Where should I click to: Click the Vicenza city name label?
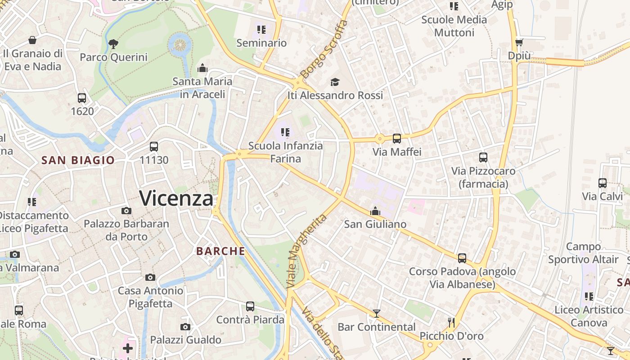pyautogui.click(x=176, y=198)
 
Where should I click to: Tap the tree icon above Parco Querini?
pyautogui.click(x=113, y=44)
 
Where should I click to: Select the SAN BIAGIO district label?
pyautogui.click(x=78, y=160)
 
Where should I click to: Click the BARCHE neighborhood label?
pyautogui.click(x=221, y=251)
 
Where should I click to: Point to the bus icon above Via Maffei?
pyautogui.click(x=396, y=139)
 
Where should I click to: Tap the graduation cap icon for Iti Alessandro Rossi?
pyautogui.click(x=335, y=82)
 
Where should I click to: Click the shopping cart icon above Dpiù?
pyautogui.click(x=519, y=43)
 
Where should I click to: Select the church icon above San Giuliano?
pyautogui.click(x=375, y=211)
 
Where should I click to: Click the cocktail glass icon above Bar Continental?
pyautogui.click(x=377, y=314)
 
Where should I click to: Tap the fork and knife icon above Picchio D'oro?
pyautogui.click(x=451, y=322)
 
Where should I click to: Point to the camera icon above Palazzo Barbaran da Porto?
pyautogui.click(x=126, y=211)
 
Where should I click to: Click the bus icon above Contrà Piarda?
pyautogui.click(x=250, y=306)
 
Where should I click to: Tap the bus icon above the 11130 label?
pyautogui.click(x=154, y=147)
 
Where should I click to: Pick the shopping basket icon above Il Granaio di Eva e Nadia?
pyautogui.click(x=32, y=40)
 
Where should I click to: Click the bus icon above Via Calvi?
pyautogui.click(x=602, y=183)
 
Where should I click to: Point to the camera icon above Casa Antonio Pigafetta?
pyautogui.click(x=150, y=277)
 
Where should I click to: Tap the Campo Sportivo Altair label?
pyautogui.click(x=583, y=253)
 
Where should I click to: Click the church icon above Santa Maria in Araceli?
pyautogui.click(x=202, y=68)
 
